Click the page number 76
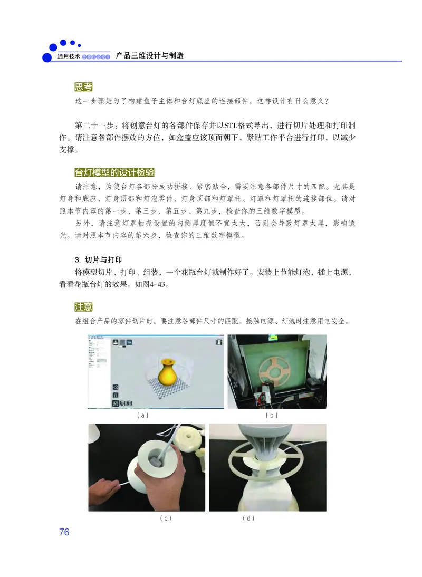[x=64, y=532]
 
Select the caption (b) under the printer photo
[x=271, y=415]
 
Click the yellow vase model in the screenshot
[x=168, y=371]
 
